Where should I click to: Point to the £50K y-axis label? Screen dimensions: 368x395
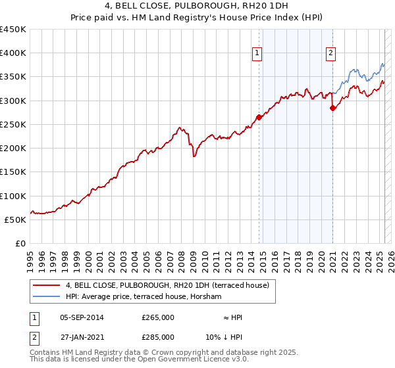pos(15,219)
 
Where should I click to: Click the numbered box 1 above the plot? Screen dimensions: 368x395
pos(256,54)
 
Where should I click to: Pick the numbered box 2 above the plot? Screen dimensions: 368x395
pos(330,54)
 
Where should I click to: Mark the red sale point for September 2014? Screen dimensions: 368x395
pos(259,118)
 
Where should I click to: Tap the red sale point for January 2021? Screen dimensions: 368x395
pos(333,108)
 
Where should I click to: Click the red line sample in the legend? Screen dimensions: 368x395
pos(46,286)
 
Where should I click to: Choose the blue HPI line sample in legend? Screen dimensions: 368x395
pos(46,297)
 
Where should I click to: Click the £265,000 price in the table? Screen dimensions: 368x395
pos(158,317)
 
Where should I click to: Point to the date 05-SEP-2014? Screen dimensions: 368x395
pos(82,317)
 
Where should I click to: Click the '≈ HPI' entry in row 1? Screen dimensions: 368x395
pos(233,317)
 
